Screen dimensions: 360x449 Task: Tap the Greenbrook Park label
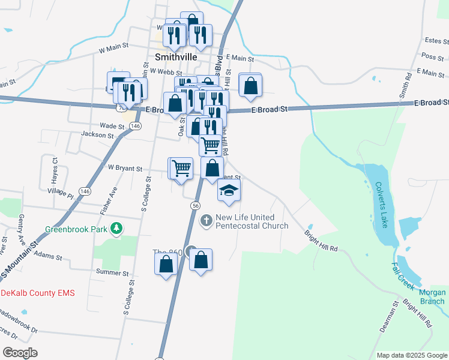78,229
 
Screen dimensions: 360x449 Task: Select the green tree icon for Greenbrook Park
118,229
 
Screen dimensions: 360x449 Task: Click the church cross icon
206,221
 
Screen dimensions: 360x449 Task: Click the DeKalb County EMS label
37,293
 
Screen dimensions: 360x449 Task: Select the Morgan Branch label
432,297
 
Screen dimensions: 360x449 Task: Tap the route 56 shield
196,206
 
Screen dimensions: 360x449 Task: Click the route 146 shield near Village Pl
85,191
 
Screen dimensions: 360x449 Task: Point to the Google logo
20,353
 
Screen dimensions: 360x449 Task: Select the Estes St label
436,41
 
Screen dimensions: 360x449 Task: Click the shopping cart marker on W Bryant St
181,168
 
